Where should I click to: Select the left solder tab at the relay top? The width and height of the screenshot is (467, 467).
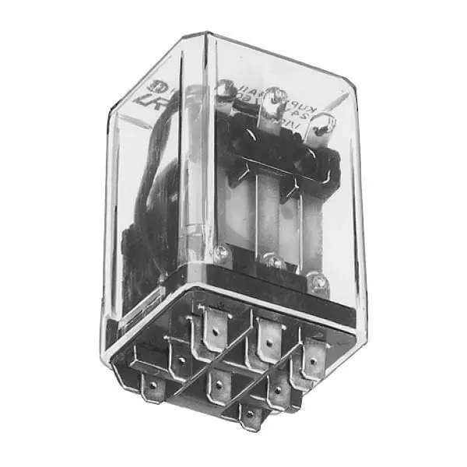click(x=226, y=93)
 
